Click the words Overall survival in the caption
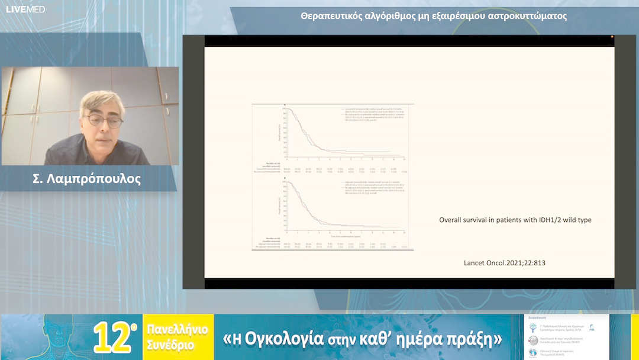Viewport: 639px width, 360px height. coord(464,220)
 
